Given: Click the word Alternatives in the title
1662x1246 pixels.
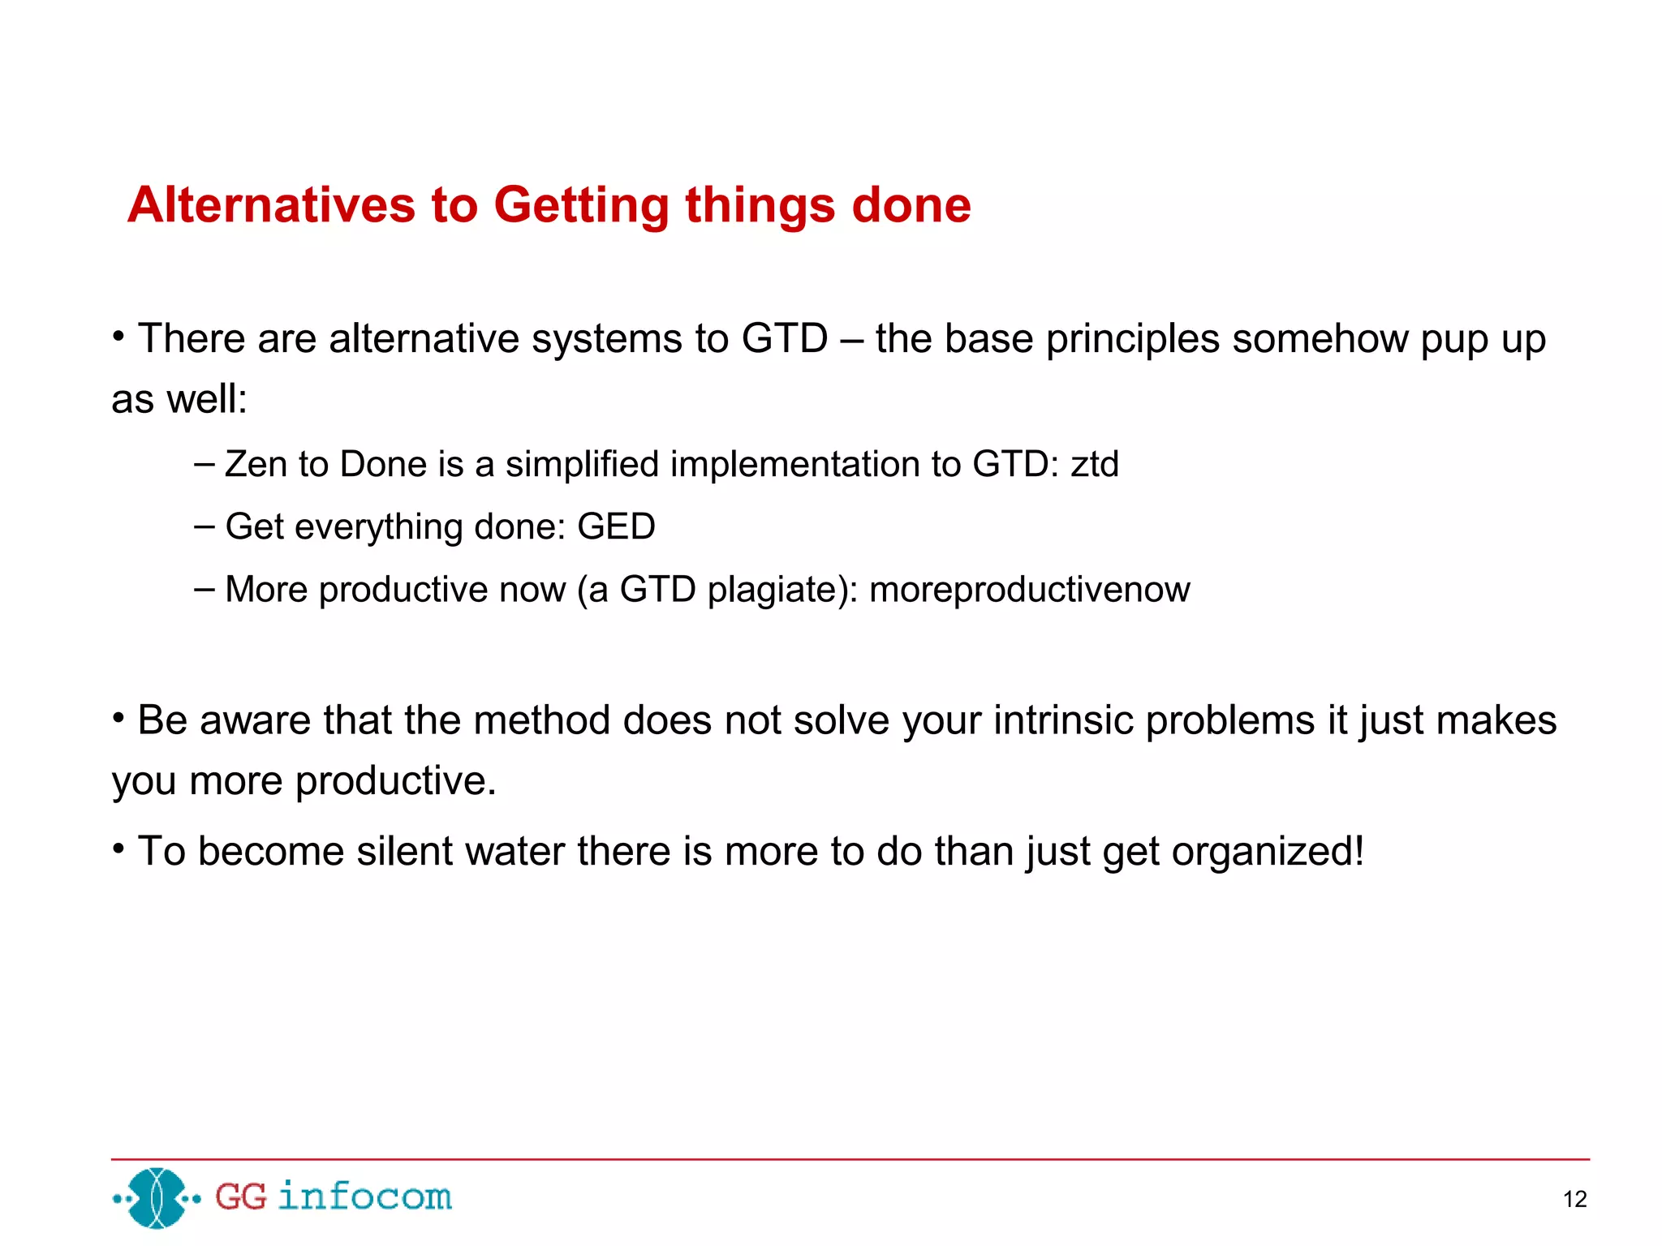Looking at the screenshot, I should (271, 204).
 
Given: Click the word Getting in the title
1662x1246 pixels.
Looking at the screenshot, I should (581, 206).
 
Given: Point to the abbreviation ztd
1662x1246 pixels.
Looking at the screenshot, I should (1094, 464).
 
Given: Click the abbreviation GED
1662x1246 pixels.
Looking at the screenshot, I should (616, 526).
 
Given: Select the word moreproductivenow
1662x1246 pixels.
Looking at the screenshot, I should (1029, 589).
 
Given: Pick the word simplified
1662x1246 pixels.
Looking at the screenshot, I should (582, 465).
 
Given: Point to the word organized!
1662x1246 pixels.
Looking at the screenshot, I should (1268, 853).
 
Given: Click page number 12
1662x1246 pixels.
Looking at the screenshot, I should (1574, 1199).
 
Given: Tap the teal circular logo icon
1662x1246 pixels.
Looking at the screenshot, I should (157, 1197).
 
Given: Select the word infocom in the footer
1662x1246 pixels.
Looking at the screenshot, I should (364, 1197).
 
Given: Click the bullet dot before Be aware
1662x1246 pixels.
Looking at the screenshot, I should (118, 718).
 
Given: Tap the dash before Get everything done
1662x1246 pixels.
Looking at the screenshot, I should (205, 526).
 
